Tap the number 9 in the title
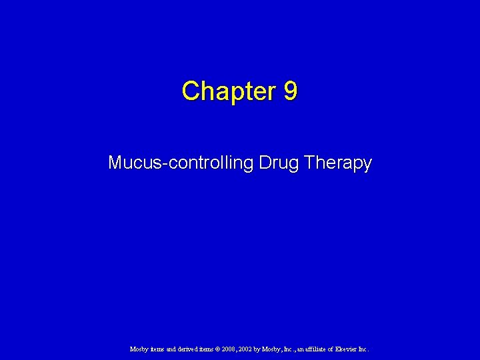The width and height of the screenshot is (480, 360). click(290, 91)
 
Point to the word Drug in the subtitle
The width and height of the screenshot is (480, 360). click(276, 163)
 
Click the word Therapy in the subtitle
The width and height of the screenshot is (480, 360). click(338, 163)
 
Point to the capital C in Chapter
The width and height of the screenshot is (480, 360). click(189, 91)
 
